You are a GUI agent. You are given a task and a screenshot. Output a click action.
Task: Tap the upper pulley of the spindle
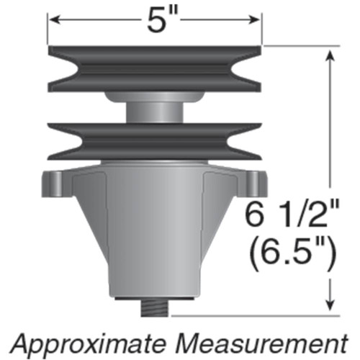tap(155, 68)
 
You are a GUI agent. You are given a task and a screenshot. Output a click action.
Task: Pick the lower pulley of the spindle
tap(155, 140)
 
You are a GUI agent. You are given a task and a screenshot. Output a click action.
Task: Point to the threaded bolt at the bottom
tap(154, 308)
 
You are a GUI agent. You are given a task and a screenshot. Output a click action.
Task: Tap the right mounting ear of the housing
tap(251, 181)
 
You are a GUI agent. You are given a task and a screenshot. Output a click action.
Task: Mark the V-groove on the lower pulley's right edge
tap(252, 140)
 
